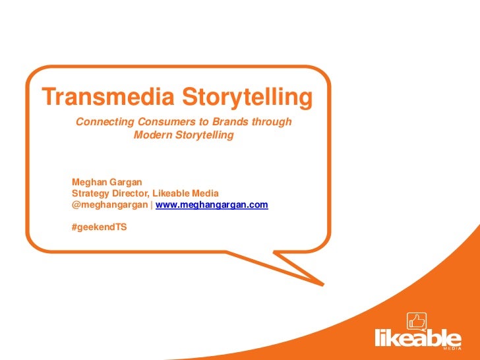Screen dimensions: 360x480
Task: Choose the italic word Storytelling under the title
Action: pyautogui.click(x=203, y=135)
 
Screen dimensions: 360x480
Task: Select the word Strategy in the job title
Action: pyautogui.click(x=92, y=193)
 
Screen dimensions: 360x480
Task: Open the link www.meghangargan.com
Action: pyautogui.click(x=212, y=205)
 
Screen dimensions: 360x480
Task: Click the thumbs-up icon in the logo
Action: pyautogui.click(x=417, y=322)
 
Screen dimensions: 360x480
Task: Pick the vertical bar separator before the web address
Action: pyautogui.click(x=152, y=205)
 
